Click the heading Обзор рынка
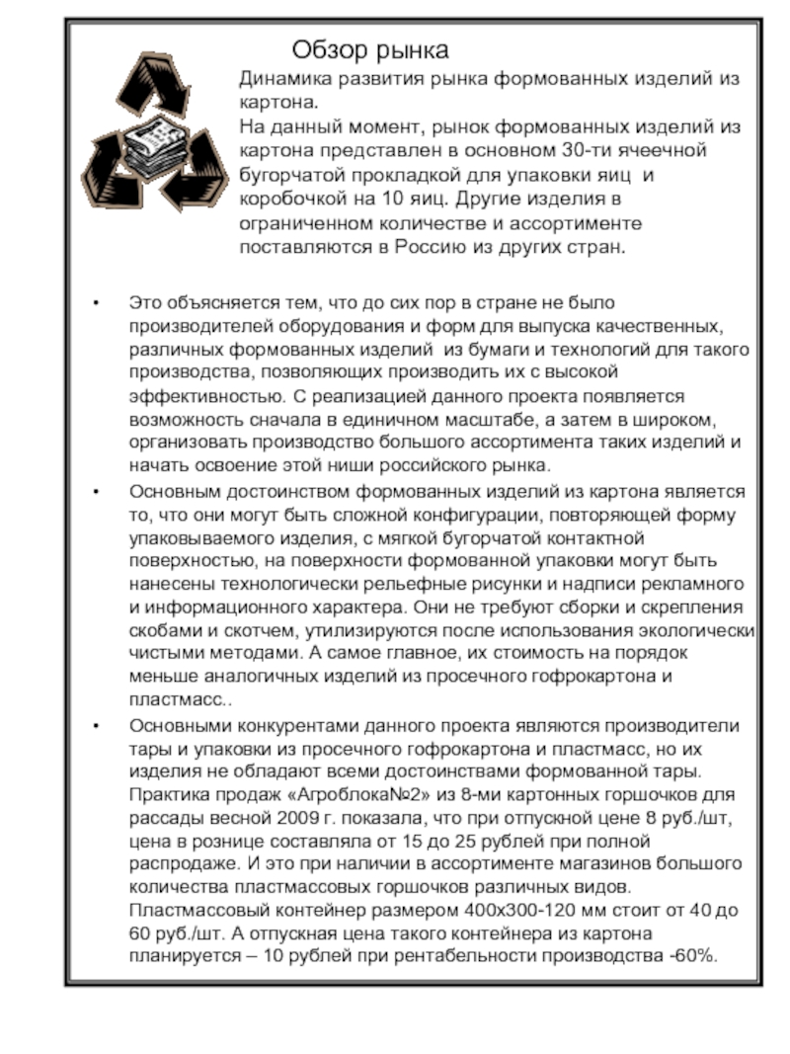(370, 49)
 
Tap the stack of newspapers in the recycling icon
(157, 144)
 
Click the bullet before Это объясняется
(94, 302)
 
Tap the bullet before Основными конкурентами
(94, 727)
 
